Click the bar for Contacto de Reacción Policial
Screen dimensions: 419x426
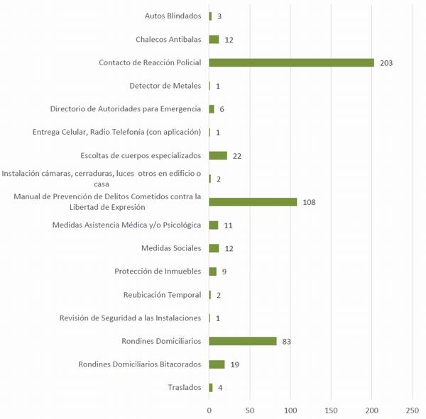pyautogui.click(x=291, y=62)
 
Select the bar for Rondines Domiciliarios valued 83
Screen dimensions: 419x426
pyautogui.click(x=242, y=341)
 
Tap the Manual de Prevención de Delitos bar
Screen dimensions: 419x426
pyautogui.click(x=253, y=201)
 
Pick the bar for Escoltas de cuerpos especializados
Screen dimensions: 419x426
pyautogui.click(x=218, y=155)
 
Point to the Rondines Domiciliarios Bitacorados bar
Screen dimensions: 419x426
pyautogui.click(x=217, y=364)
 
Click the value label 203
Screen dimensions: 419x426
pyautogui.click(x=386, y=63)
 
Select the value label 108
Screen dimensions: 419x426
pyautogui.click(x=309, y=202)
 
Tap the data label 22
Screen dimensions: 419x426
pyautogui.click(x=238, y=156)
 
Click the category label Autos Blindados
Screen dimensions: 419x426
pyautogui.click(x=173, y=16)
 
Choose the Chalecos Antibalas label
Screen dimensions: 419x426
pyautogui.click(x=168, y=39)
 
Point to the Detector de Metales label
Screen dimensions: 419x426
pyautogui.click(x=165, y=86)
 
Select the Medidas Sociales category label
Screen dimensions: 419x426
pyautogui.click(x=171, y=248)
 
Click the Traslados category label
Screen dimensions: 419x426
pyautogui.click(x=183, y=387)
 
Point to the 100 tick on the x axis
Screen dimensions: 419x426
pyautogui.click(x=290, y=410)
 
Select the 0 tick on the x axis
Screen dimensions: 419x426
pyautogui.click(x=209, y=410)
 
